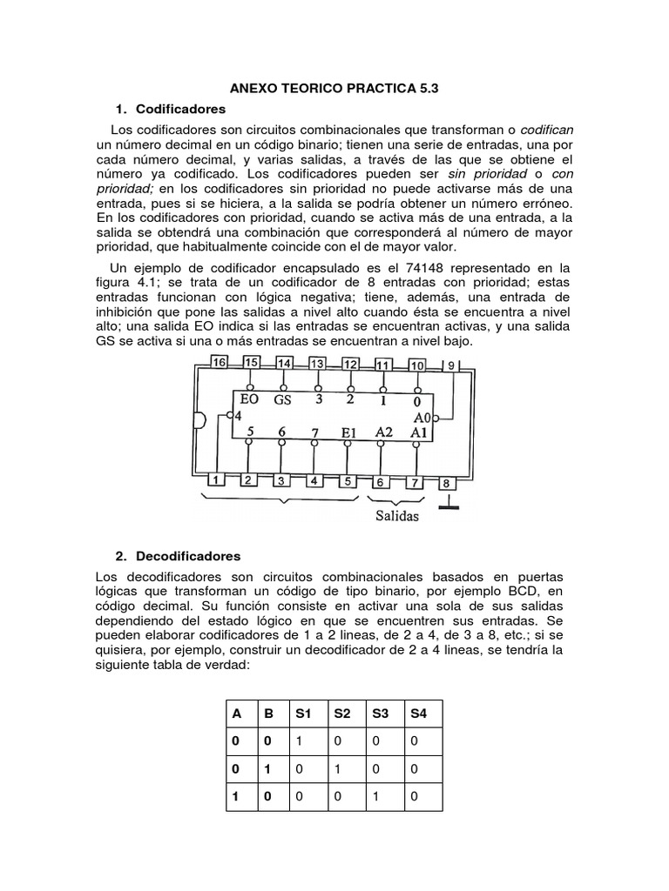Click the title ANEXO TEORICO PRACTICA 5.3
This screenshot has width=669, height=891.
coord(334,89)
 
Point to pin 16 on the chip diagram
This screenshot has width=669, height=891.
coord(218,362)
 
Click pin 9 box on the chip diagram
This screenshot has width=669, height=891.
coord(451,365)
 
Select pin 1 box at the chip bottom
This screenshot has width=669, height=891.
coord(215,479)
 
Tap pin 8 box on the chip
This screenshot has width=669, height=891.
coord(446,483)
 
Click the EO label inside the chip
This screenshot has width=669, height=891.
coord(250,400)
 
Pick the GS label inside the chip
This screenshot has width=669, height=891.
coord(282,400)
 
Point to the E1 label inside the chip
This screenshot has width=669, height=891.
coord(348,432)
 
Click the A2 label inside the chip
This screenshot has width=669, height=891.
coord(383,432)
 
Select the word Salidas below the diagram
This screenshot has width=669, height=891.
coord(397,516)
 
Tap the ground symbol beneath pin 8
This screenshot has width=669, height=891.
coord(448,503)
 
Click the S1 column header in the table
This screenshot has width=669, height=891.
coord(303,713)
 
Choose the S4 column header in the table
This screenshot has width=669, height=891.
coord(418,713)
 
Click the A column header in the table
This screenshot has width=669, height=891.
coord(235,713)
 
